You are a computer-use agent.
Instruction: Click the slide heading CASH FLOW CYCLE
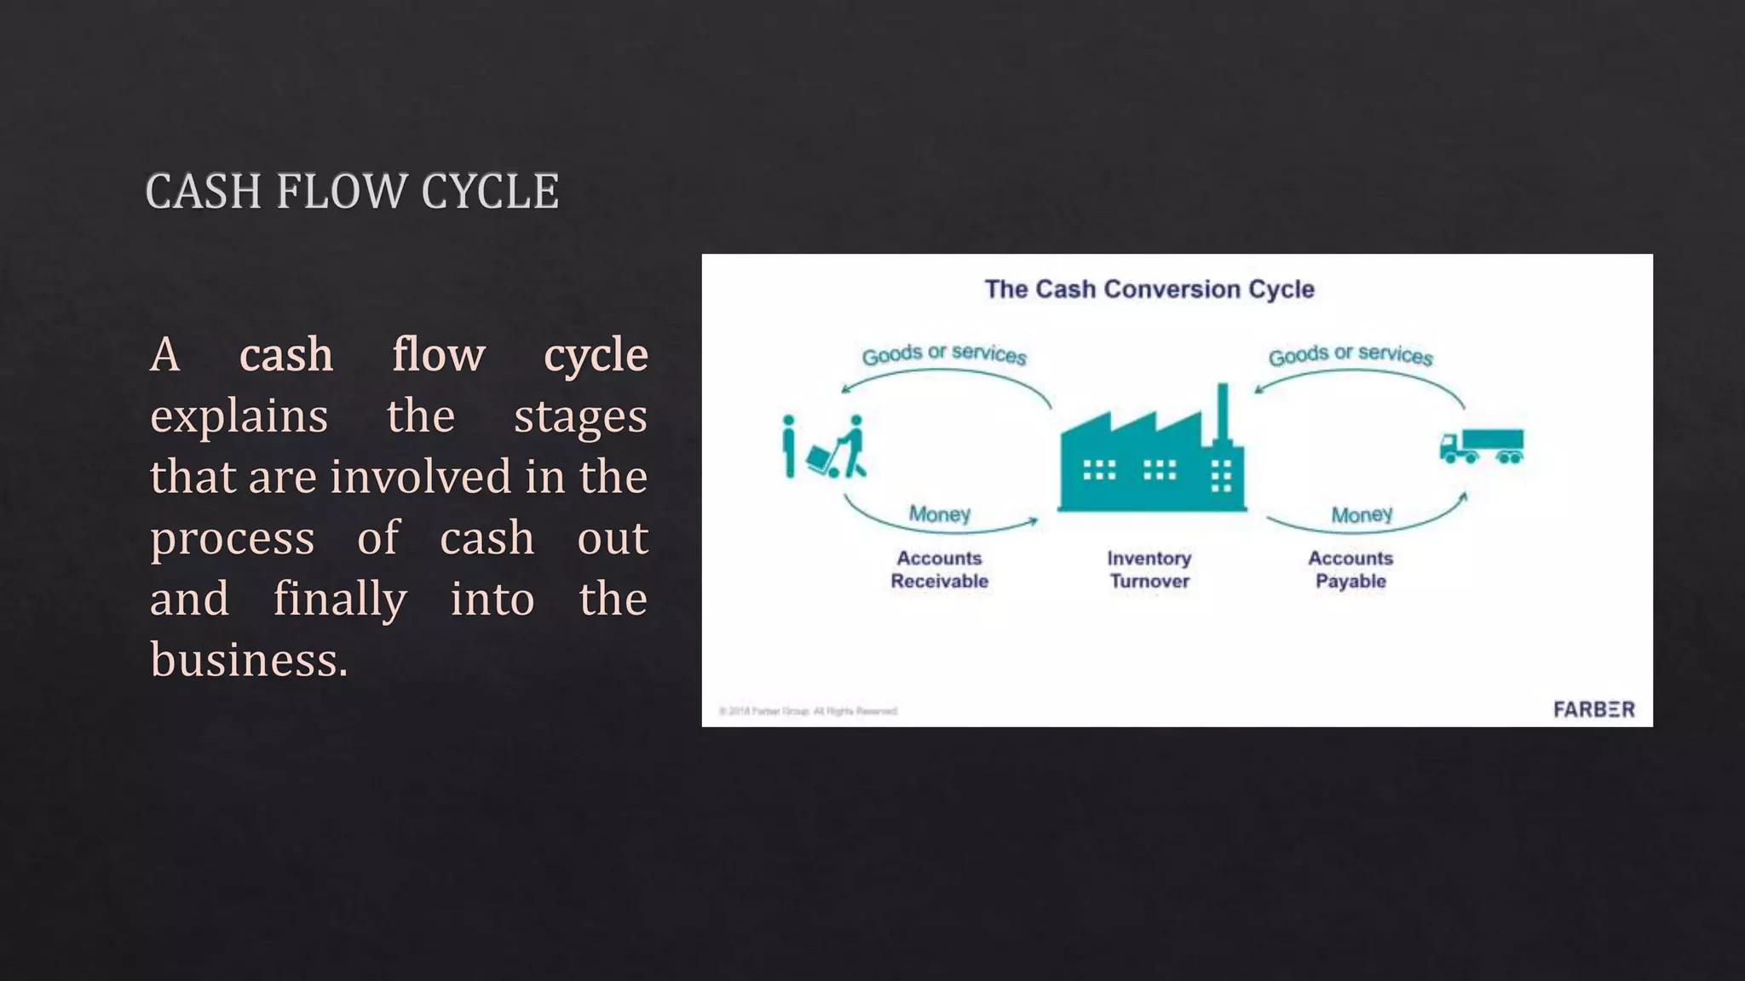point(352,192)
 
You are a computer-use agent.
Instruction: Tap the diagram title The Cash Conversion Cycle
point(1149,290)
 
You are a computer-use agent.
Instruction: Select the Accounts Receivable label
point(939,570)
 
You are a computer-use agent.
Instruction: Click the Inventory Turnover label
point(1149,570)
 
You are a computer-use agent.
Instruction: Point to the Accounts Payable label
point(1351,570)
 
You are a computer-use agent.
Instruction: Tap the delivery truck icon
point(1482,446)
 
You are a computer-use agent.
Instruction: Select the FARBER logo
point(1593,709)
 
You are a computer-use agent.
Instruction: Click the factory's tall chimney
point(1223,413)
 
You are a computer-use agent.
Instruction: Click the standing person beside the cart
point(789,445)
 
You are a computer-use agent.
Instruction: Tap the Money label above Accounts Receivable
point(939,514)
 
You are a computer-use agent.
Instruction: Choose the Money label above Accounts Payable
point(1362,515)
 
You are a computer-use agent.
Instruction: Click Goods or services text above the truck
point(1351,354)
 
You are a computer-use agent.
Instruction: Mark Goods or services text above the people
point(944,354)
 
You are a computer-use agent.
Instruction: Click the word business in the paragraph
point(249,660)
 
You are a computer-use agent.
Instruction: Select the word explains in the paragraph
point(239,416)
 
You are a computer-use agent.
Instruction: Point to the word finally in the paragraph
point(340,599)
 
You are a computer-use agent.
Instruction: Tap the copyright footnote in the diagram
point(808,711)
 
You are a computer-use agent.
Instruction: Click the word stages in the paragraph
point(580,416)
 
